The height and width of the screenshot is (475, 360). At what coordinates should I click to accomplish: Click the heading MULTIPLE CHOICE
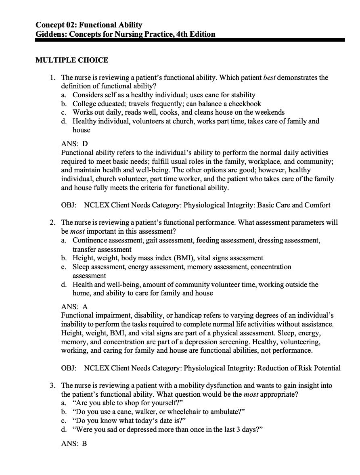pos(72,61)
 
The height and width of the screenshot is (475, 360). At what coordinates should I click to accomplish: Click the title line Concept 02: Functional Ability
pos(89,25)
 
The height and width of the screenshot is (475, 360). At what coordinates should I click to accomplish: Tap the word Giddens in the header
pos(50,34)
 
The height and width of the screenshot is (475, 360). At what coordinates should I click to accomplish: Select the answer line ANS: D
pos(74,144)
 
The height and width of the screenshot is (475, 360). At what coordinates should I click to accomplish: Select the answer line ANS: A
pos(74,306)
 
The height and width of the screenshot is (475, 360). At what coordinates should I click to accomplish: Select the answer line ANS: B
pos(74,444)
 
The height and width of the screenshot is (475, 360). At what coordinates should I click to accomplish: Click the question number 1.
pos(52,77)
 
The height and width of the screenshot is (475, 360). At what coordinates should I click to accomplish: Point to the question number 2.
pos(52,222)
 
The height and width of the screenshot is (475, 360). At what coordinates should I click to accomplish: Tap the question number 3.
pos(52,385)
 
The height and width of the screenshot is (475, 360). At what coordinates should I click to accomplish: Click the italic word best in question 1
pos(269,77)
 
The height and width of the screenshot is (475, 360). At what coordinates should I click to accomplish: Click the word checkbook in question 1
pos(246,104)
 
